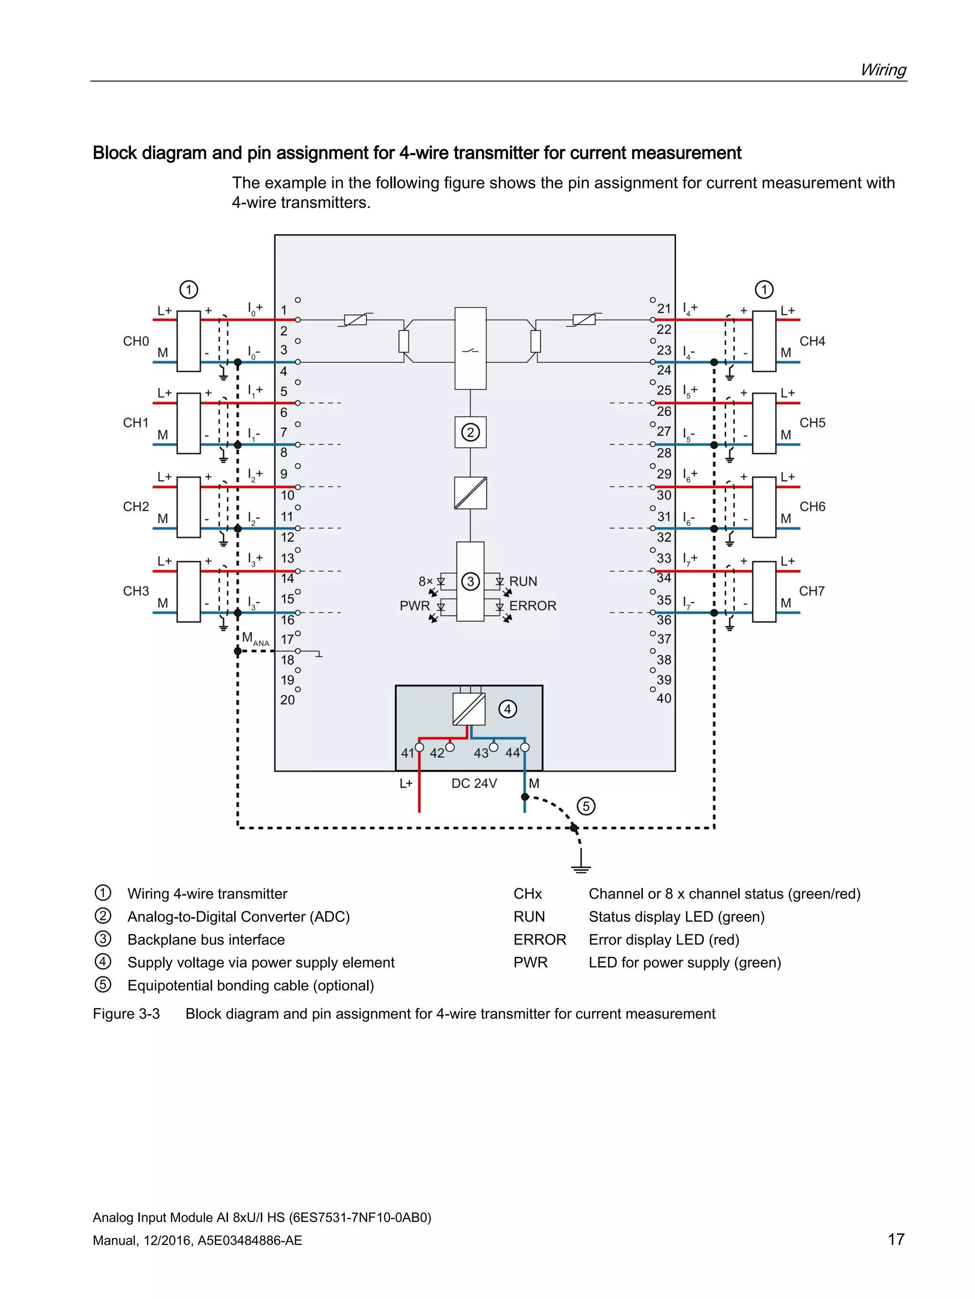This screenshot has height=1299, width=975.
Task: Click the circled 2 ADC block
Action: click(470, 432)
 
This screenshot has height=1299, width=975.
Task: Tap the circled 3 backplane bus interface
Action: click(470, 581)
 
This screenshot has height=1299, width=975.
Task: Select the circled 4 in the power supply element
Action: click(508, 709)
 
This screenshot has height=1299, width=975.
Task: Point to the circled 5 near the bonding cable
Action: click(586, 806)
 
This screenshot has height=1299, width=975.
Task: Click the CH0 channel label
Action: click(136, 341)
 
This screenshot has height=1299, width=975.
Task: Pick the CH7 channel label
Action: click(812, 591)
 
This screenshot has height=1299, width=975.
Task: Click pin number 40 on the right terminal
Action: click(664, 699)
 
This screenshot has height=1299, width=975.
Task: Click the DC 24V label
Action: click(474, 783)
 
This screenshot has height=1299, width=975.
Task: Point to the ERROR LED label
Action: click(532, 606)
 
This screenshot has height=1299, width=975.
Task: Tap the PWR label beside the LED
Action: click(414, 606)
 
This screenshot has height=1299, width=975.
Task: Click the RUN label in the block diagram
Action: click(523, 581)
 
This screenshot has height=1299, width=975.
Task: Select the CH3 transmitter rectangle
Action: click(189, 591)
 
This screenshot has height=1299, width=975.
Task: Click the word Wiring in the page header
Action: click(883, 70)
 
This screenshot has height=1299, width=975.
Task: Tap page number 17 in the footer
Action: click(895, 1240)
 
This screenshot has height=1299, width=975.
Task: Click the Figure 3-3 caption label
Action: click(126, 1014)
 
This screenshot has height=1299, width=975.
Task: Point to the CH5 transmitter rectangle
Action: click(764, 423)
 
